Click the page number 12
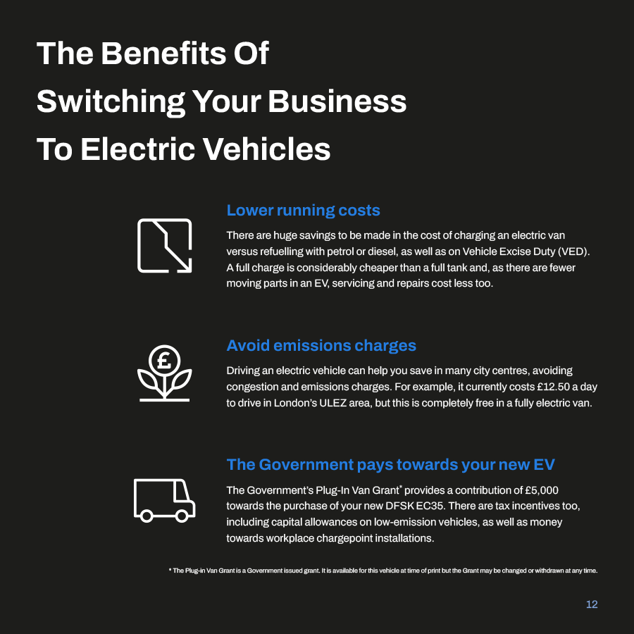pos(592,604)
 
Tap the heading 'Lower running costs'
pos(303,210)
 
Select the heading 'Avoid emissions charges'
pos(321,346)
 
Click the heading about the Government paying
pos(390,465)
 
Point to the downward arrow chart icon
pos(165,245)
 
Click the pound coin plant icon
pos(165,373)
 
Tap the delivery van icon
pos(165,501)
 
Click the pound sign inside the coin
pos(164,360)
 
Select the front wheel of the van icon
pos(182,516)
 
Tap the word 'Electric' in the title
pos(138,149)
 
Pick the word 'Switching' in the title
pos(111,102)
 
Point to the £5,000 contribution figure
pos(542,490)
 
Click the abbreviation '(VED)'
pos(573,251)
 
